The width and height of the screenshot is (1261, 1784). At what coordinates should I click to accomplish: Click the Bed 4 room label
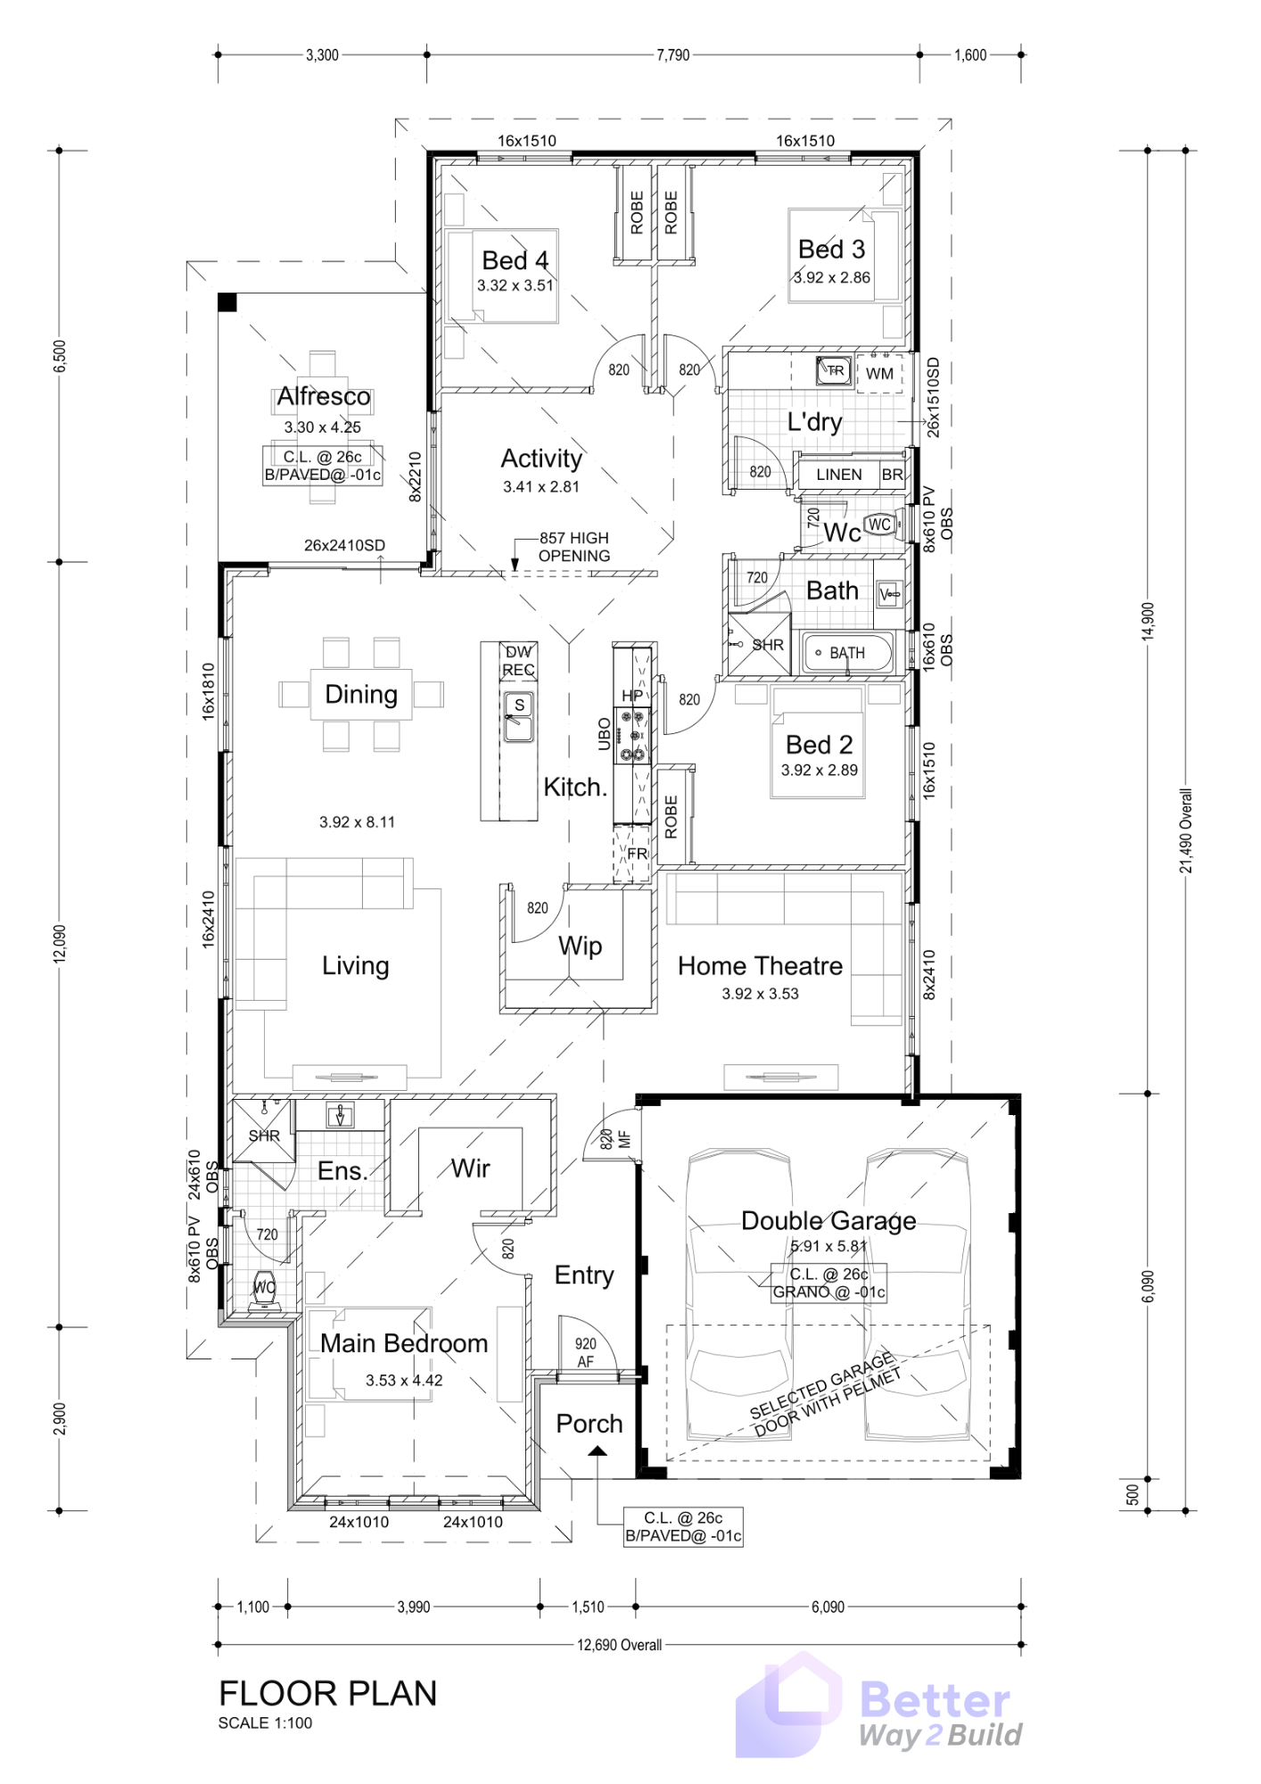click(x=515, y=260)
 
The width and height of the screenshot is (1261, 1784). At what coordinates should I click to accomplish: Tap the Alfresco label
click(x=323, y=396)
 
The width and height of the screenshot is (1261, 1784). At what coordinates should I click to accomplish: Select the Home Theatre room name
click(x=760, y=966)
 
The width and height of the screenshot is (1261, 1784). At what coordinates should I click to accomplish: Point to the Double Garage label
click(x=828, y=1220)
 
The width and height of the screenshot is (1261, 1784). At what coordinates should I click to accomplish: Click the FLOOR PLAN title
click(x=328, y=1693)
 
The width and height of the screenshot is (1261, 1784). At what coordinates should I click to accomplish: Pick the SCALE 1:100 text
click(x=265, y=1723)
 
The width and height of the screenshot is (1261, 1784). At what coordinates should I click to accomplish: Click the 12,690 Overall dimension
click(x=619, y=1645)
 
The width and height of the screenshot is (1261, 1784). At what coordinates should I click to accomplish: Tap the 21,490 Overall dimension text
click(x=1185, y=830)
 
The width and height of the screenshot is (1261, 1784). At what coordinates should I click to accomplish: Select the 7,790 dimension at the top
click(x=673, y=54)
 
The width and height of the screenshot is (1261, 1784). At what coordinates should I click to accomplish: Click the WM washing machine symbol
click(x=879, y=374)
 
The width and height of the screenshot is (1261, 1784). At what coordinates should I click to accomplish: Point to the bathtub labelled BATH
click(x=847, y=653)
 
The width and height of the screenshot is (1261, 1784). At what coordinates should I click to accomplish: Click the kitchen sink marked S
click(x=518, y=716)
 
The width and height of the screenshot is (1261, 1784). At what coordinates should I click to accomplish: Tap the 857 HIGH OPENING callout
click(x=574, y=547)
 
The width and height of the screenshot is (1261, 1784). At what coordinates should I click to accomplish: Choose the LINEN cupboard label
click(x=839, y=475)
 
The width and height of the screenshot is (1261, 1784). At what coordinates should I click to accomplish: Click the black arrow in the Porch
click(x=598, y=1450)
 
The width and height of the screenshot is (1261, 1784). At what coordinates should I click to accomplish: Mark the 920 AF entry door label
click(x=585, y=1353)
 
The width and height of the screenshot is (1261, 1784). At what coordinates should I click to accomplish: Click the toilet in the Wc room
click(x=880, y=524)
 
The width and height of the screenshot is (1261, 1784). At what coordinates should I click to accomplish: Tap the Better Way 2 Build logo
click(x=878, y=1707)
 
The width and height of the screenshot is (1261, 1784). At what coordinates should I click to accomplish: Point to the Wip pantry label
click(x=580, y=946)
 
